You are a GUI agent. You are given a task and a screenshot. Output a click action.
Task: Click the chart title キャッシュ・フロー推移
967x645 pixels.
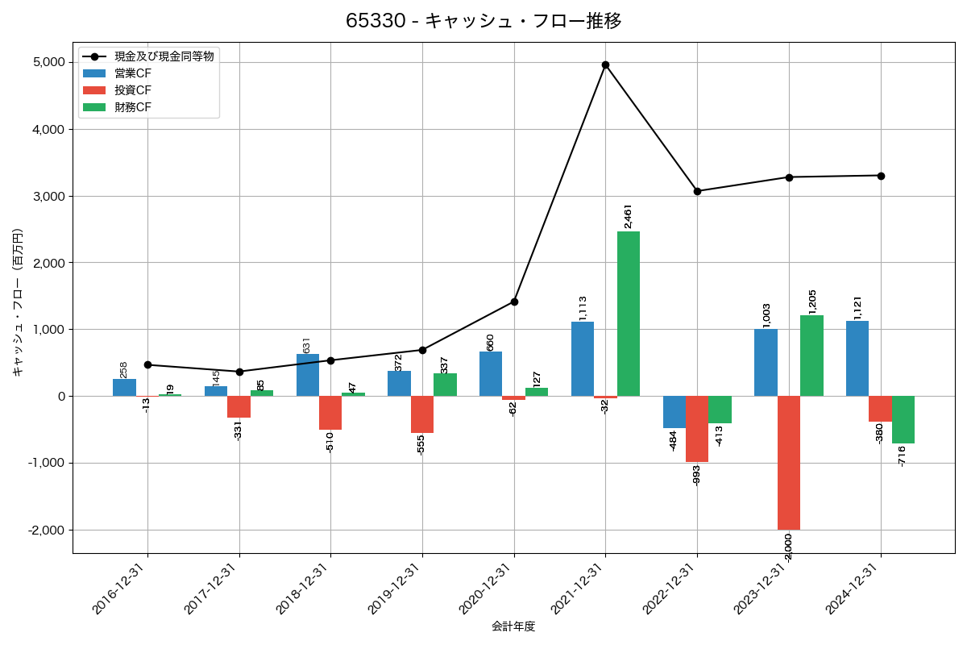pyautogui.click(x=483, y=21)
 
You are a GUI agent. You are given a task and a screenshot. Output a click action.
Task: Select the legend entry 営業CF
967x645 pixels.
pyautogui.click(x=133, y=73)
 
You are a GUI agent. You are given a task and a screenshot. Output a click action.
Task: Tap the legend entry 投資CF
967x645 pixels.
pyautogui.click(x=133, y=90)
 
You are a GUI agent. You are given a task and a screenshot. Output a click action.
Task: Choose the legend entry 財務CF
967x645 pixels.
pyautogui.click(x=133, y=107)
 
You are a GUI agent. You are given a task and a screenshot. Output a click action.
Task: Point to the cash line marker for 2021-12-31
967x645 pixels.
pyautogui.click(x=605, y=64)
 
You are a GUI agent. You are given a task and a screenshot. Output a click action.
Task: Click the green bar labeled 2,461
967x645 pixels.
pyautogui.click(x=629, y=314)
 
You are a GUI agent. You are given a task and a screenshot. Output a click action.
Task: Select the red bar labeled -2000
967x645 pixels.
pyautogui.click(x=789, y=463)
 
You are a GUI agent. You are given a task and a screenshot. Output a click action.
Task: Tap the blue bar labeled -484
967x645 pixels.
pyautogui.click(x=674, y=412)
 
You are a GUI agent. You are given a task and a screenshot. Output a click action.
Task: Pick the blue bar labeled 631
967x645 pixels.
pyautogui.click(x=308, y=375)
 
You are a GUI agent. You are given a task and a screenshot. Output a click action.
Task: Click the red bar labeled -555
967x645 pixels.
pyautogui.click(x=422, y=414)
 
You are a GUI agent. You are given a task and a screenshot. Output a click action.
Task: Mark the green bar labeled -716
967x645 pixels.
pyautogui.click(x=903, y=419)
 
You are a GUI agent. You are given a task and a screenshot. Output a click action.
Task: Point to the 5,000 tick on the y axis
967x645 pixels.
pyautogui.click(x=49, y=63)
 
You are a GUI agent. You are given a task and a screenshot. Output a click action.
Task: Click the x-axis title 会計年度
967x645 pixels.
pyautogui.click(x=513, y=626)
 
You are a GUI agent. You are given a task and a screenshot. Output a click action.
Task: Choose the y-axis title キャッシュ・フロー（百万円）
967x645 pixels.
pyautogui.click(x=18, y=302)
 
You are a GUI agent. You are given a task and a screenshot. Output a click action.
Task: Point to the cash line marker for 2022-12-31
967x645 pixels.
pyautogui.click(x=697, y=191)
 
